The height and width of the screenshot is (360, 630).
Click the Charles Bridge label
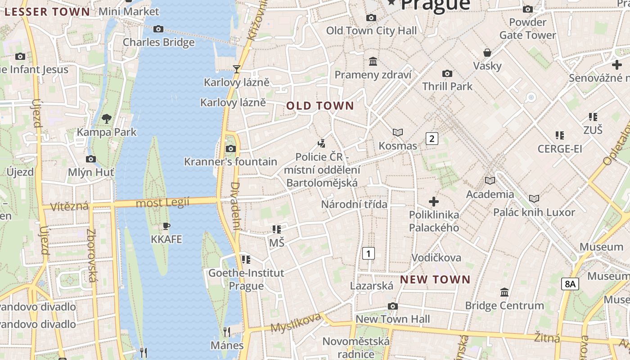tap(159, 42)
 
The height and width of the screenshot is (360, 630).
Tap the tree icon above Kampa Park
tap(107, 119)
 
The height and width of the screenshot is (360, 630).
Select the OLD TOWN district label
tap(320, 106)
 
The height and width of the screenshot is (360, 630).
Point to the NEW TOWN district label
tap(435, 279)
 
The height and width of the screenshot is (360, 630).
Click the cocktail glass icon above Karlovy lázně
tap(236, 69)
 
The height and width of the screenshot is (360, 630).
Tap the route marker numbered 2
tap(432, 138)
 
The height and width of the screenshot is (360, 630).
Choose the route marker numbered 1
tap(369, 253)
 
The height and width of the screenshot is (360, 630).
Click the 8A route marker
tap(570, 283)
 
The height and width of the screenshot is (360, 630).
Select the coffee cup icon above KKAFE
tap(166, 226)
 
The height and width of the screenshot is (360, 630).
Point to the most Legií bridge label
tap(162, 203)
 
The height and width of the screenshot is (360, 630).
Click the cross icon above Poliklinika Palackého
tap(434, 201)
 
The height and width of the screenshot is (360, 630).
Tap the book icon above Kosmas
tap(398, 132)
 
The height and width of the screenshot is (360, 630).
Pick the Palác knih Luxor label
tap(534, 212)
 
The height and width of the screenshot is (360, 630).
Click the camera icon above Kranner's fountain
tap(230, 148)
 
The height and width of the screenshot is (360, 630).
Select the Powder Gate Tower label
tap(528, 28)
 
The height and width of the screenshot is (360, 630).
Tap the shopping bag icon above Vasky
tap(487, 53)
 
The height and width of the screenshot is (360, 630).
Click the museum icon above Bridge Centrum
tap(504, 292)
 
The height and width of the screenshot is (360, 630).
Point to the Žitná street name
tap(547, 337)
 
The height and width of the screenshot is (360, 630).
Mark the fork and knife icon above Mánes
tap(227, 332)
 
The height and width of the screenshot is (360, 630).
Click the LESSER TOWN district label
tap(47, 12)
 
